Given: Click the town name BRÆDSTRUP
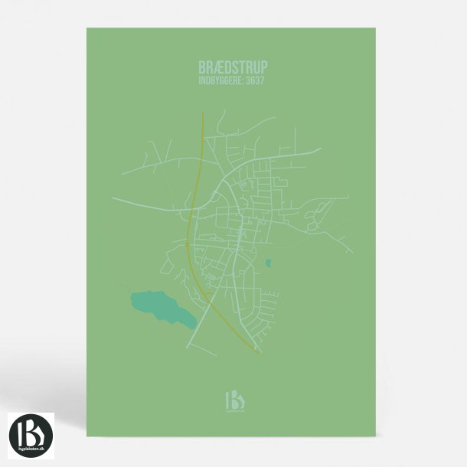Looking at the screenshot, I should (233, 67).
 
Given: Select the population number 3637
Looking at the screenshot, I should (256, 79).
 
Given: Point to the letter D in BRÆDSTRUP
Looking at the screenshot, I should (227, 67).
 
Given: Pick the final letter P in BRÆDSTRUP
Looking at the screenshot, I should (263, 67).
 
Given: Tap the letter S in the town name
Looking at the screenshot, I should (236, 67).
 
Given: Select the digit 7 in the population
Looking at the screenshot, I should (264, 79).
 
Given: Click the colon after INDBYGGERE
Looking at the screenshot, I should (244, 80).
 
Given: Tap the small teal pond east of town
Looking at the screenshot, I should (268, 263).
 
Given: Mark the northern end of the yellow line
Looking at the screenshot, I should (203, 113).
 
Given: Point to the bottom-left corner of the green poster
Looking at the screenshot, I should (87, 436).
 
